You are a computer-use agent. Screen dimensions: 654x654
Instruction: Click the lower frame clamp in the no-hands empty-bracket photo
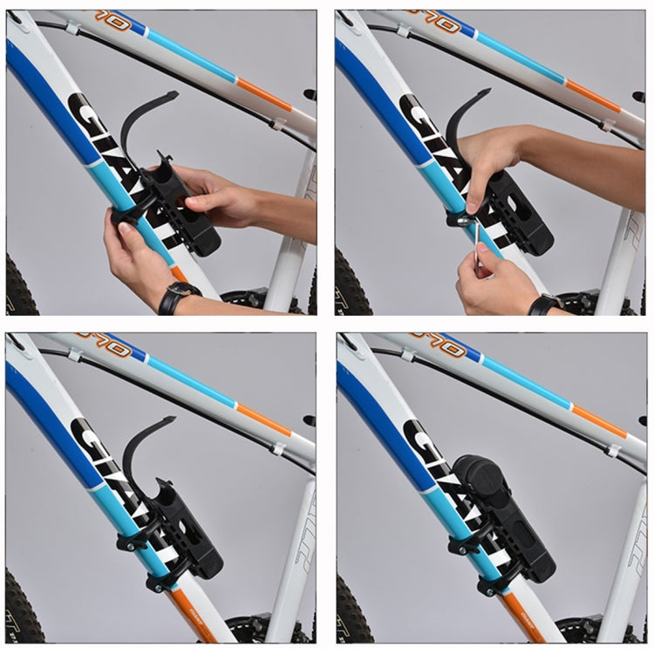coord(162,576)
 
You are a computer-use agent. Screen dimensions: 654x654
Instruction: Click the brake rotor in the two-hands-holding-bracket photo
coord(244,301)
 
